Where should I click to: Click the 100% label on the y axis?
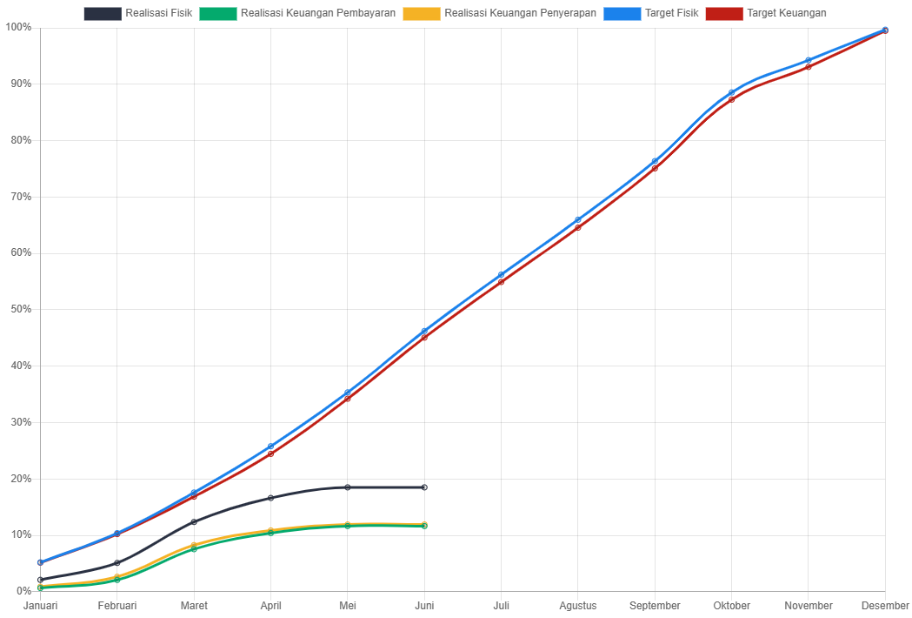(x=18, y=27)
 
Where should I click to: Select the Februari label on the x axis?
(x=117, y=605)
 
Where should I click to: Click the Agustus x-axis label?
(x=578, y=605)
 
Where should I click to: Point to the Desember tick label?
(x=885, y=605)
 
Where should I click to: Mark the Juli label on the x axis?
(x=502, y=605)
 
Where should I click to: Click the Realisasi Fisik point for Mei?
(x=348, y=487)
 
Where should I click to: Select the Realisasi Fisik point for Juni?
(x=424, y=487)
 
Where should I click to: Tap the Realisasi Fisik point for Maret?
(x=194, y=522)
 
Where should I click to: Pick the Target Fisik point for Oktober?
(x=731, y=92)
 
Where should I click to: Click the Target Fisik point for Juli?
(x=502, y=275)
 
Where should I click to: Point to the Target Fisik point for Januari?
(x=41, y=562)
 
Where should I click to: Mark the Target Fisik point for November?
(x=809, y=61)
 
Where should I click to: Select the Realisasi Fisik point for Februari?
(x=117, y=563)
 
